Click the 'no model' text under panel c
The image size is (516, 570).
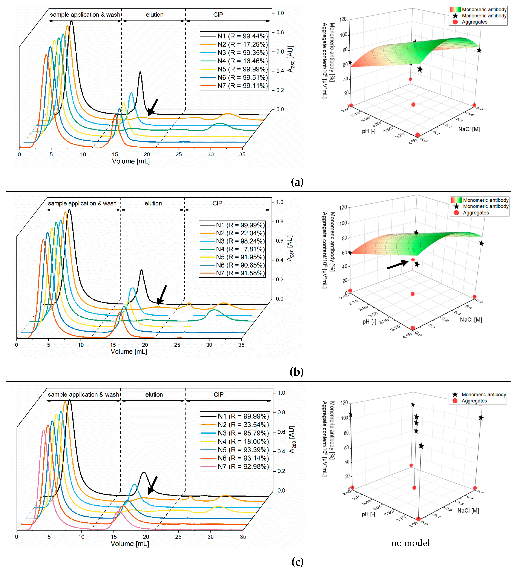pyautogui.click(x=410, y=543)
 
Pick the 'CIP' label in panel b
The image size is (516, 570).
pyautogui.click(x=217, y=203)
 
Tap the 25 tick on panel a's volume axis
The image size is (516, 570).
pyautogui.click(x=179, y=154)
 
